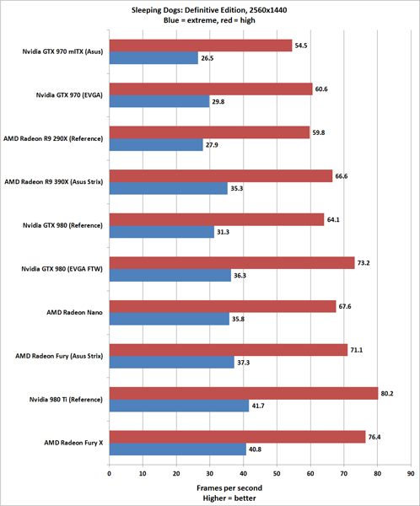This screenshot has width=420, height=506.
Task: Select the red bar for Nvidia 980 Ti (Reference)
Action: pyautogui.click(x=243, y=392)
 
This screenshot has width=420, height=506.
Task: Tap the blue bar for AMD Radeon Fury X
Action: pyautogui.click(x=177, y=449)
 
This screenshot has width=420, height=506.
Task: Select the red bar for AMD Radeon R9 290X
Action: pyautogui.click(x=208, y=132)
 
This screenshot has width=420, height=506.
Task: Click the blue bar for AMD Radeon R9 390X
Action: pyautogui.click(x=168, y=188)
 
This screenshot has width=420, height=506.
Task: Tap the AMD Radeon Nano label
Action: pyautogui.click(x=78, y=312)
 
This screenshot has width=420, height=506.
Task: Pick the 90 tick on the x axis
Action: pyautogui.click(x=411, y=473)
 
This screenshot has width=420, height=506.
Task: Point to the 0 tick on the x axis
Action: pyautogui.click(x=109, y=473)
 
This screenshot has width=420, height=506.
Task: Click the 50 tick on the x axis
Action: pyautogui.click(x=277, y=473)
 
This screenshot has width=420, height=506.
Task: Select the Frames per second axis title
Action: pyautogui.click(x=259, y=487)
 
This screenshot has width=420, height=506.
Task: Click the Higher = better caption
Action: pyautogui.click(x=259, y=498)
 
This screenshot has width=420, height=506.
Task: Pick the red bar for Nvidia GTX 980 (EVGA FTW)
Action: pyautogui.click(x=231, y=262)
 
